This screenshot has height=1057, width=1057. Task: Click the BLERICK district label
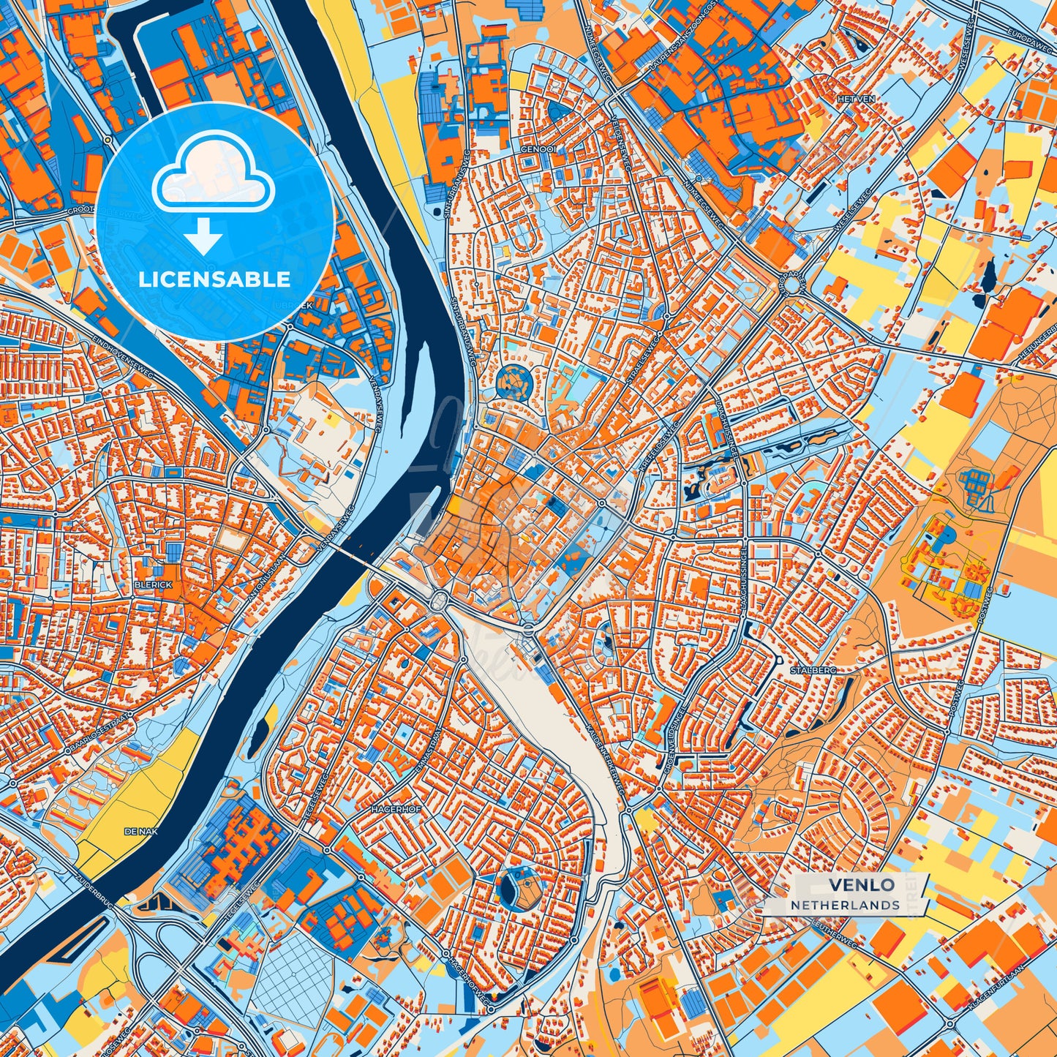[x=154, y=585]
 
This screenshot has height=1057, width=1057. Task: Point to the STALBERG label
[x=812, y=669]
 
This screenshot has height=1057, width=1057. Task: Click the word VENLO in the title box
[x=861, y=885]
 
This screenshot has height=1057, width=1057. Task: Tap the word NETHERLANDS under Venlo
[x=845, y=905]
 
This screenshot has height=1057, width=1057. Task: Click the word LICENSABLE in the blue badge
[x=215, y=279]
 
